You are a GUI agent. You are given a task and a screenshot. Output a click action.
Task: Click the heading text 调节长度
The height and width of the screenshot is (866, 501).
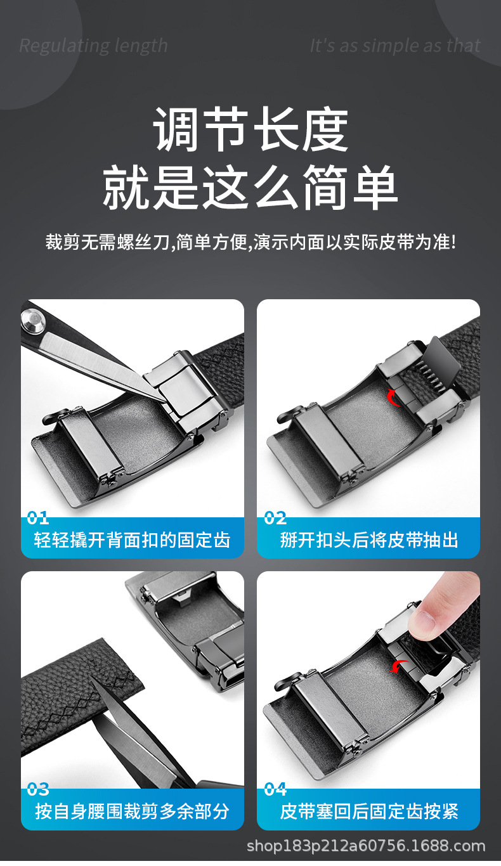251,130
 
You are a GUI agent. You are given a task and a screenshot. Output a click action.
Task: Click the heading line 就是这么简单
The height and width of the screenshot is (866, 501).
251,186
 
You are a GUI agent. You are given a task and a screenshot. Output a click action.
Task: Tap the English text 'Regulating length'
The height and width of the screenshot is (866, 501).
93,46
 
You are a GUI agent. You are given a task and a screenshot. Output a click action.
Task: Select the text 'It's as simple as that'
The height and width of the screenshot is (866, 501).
394,46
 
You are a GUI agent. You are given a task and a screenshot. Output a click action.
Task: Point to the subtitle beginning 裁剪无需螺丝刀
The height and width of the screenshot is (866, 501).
251,242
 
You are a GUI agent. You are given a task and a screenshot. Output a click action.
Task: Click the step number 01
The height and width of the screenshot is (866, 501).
38,518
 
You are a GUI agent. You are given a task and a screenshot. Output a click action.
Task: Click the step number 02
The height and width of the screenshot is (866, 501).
275,518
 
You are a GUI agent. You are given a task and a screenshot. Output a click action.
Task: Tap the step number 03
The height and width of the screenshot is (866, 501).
38,789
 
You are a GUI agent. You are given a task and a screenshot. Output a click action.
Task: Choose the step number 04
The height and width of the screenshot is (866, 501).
275,789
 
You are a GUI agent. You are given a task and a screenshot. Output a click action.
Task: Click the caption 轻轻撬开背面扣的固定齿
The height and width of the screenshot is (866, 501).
132,540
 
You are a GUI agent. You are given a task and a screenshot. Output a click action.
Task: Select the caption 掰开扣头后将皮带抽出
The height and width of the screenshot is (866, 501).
368,540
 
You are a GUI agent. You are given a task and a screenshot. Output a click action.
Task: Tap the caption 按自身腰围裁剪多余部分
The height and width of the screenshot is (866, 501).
132,811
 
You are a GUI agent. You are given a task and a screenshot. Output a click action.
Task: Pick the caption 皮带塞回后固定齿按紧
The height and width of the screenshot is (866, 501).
368,811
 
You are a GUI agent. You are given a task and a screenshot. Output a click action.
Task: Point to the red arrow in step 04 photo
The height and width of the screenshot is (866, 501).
400,666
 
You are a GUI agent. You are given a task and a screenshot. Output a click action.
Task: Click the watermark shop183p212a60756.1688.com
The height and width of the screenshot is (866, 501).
365,846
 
